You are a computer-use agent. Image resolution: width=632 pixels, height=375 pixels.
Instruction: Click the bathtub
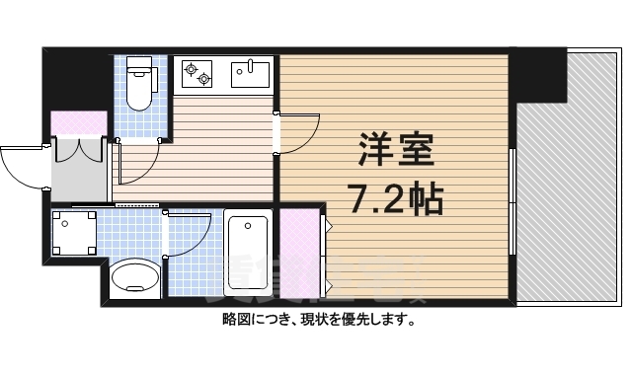coord(246,252)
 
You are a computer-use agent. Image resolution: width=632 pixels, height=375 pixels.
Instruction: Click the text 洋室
coord(392,153)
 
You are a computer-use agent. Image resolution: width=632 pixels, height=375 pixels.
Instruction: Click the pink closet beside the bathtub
coord(300,252)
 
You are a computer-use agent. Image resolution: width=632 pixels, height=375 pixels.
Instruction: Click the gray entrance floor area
coord(79,173)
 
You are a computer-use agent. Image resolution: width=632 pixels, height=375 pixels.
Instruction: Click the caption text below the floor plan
coord(316,321)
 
